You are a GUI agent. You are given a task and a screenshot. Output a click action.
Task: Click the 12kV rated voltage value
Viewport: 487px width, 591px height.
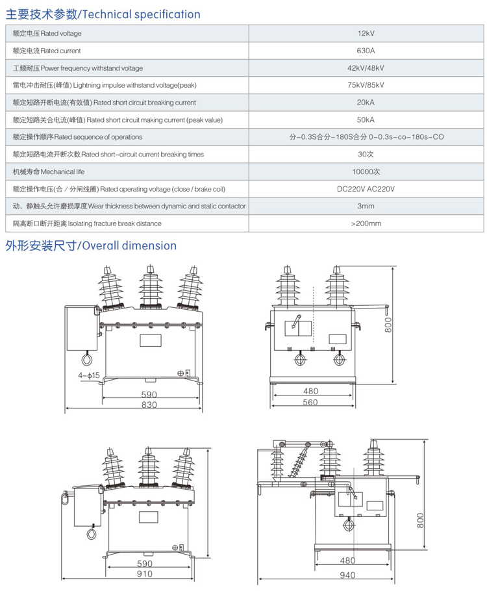click(366, 33)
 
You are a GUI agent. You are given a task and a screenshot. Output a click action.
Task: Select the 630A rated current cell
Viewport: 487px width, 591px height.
click(366, 51)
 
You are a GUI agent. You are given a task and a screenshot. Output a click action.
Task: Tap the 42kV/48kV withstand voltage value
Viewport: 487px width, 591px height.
click(366, 68)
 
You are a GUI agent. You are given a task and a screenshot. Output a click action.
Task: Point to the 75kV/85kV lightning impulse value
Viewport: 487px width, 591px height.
click(366, 85)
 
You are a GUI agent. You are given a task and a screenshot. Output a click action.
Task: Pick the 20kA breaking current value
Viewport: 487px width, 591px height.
click(366, 103)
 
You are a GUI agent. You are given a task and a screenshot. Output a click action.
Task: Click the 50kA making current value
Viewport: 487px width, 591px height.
click(366, 119)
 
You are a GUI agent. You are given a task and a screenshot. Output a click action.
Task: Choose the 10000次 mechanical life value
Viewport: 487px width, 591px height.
click(366, 171)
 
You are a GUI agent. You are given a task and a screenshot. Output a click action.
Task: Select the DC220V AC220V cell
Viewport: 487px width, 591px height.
click(366, 189)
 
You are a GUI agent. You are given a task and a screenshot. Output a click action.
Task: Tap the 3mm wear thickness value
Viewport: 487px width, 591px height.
click(366, 206)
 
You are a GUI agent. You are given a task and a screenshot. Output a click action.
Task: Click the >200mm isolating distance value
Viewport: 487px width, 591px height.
click(366, 223)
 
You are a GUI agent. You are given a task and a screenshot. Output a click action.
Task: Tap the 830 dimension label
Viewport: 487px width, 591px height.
click(149, 405)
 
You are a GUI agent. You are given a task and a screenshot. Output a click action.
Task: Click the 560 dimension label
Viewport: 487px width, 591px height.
click(310, 403)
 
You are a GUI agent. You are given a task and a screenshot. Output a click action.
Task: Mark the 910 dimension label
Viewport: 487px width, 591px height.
click(145, 573)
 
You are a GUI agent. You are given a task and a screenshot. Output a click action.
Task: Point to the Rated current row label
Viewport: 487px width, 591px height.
click(47, 51)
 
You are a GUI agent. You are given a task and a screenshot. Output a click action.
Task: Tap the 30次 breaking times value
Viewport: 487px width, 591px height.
click(366, 155)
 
